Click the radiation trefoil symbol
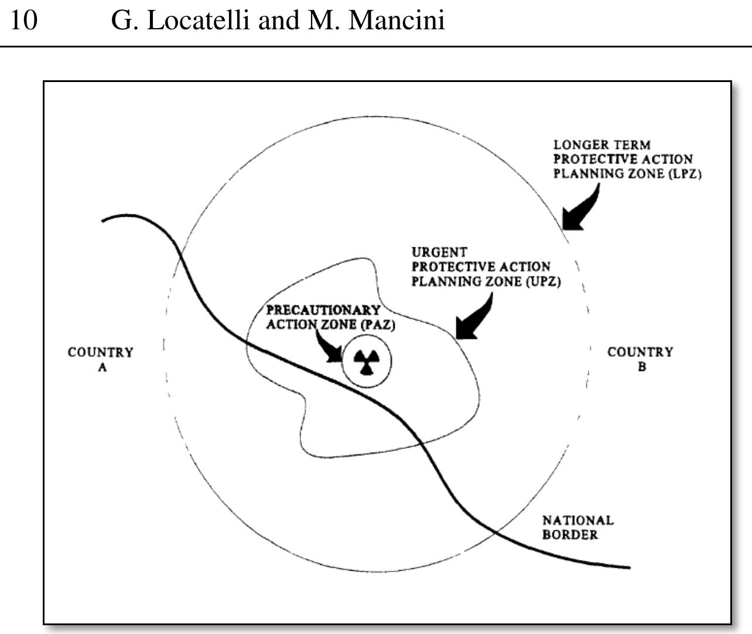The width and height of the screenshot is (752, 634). click(x=367, y=362)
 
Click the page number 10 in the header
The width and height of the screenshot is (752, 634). click(x=24, y=21)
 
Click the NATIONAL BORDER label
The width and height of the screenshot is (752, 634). click(x=577, y=527)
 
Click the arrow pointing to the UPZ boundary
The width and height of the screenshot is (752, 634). click(x=476, y=319)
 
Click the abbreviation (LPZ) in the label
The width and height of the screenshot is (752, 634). click(x=684, y=174)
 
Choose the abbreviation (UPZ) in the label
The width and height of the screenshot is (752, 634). click(x=543, y=282)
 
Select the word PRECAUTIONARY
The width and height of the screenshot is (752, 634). click(x=323, y=310)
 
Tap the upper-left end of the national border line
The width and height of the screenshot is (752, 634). click(x=104, y=220)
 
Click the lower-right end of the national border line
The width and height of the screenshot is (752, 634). click(x=628, y=567)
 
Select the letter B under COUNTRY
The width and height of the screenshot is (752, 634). click(x=642, y=367)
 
